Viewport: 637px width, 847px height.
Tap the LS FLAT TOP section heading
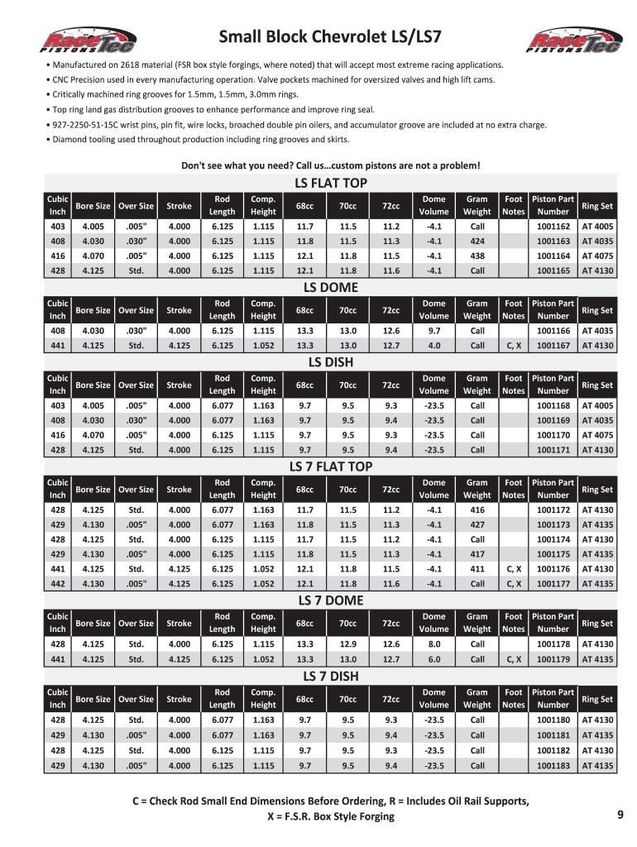point(331,183)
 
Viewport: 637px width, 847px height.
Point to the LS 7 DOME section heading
point(331,600)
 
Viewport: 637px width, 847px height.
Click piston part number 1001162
point(553,226)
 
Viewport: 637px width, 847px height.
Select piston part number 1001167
point(553,346)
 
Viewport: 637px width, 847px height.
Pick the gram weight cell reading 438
point(477,256)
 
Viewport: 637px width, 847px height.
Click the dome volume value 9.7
point(433,331)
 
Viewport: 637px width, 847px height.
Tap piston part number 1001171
point(553,450)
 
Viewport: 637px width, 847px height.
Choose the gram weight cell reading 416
point(477,510)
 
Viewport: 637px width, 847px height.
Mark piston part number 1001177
point(553,584)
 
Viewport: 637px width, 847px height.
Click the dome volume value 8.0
point(433,644)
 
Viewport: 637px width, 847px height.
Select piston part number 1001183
point(553,766)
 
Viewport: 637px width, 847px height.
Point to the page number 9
point(620,815)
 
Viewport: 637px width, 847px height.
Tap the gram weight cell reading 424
point(477,241)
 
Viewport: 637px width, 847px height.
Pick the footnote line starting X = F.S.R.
point(331,816)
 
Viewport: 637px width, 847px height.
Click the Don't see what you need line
point(330,165)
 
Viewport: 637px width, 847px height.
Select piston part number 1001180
point(553,720)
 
